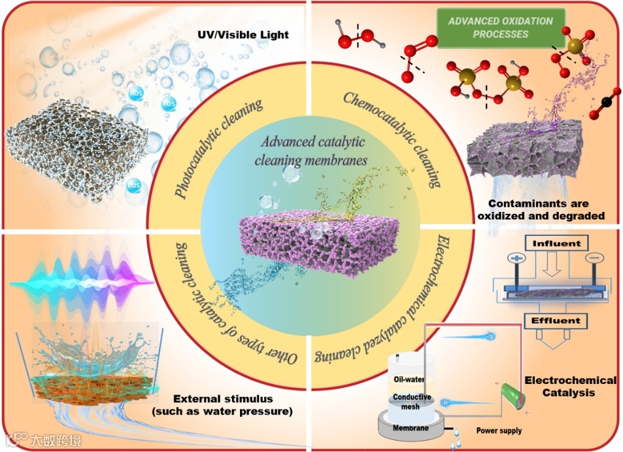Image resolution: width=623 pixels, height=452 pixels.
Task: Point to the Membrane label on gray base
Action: [410, 428]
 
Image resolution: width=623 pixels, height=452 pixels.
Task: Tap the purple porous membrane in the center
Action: [311, 242]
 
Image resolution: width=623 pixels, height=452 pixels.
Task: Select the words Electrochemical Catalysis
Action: [571, 387]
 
